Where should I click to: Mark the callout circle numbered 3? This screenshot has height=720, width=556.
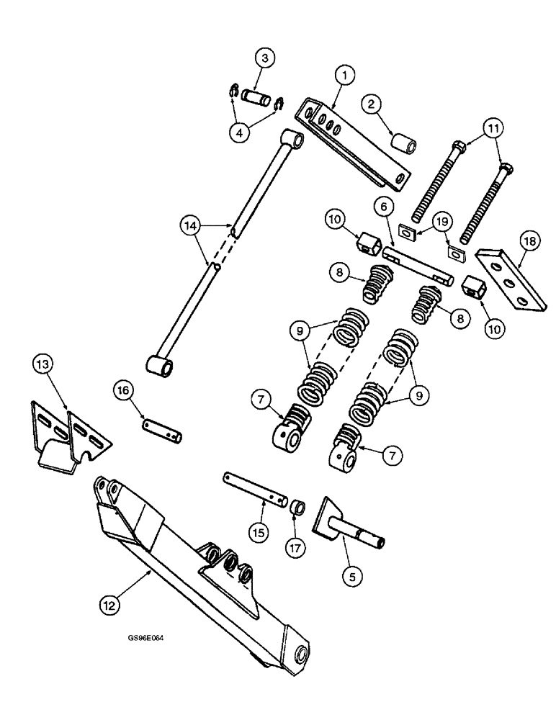[x=265, y=59]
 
